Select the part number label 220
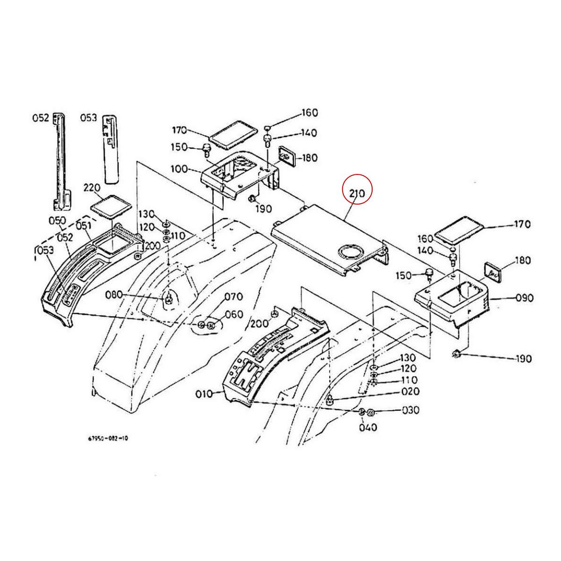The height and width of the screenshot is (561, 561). [x=91, y=188]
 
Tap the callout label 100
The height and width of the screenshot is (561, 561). [x=180, y=168]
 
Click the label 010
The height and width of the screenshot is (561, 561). [x=204, y=394]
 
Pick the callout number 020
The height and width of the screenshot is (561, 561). [x=410, y=392]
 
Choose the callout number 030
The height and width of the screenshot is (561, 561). [x=410, y=410]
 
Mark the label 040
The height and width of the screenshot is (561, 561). [x=368, y=427]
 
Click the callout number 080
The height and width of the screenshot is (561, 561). [x=114, y=295]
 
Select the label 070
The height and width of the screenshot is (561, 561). [x=234, y=296]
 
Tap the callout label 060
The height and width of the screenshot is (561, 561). [x=234, y=315]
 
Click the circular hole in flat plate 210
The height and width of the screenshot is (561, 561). [x=351, y=252]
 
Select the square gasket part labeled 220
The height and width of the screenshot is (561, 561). [x=110, y=206]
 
